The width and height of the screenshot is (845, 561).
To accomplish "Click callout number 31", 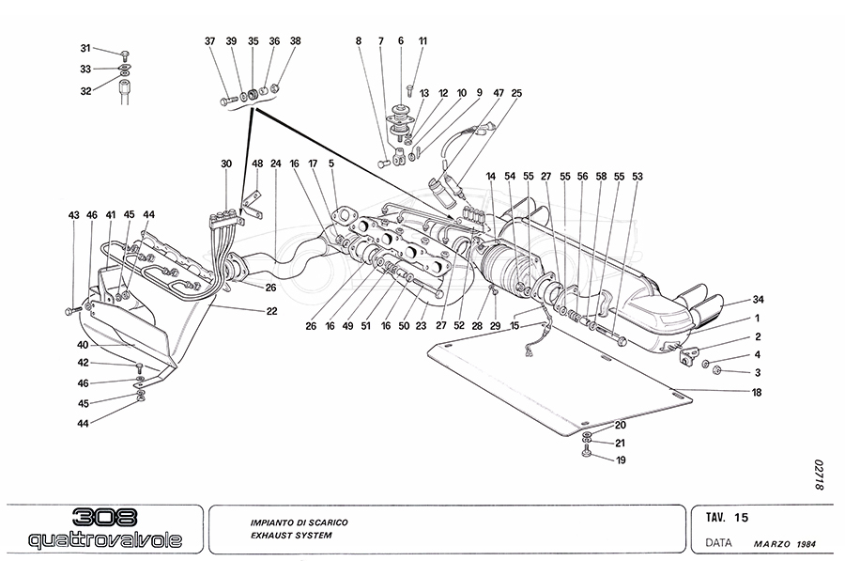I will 84,48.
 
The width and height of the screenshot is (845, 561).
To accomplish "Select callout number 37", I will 209,41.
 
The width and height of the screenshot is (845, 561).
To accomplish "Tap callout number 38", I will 296,41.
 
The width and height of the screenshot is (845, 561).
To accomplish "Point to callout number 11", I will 422,41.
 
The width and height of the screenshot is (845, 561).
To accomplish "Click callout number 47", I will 499,93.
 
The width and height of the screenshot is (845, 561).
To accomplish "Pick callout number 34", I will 758,300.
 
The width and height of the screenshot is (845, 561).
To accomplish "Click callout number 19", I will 620,460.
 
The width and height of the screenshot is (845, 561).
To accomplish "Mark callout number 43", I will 73,216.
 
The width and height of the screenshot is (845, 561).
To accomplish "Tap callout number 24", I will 276,164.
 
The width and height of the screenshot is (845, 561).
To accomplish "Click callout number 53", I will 638,176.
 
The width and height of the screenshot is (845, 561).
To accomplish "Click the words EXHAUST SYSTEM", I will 291,536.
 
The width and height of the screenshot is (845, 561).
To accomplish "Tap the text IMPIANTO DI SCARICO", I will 303,520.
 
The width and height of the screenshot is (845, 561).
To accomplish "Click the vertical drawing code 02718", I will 819,475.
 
